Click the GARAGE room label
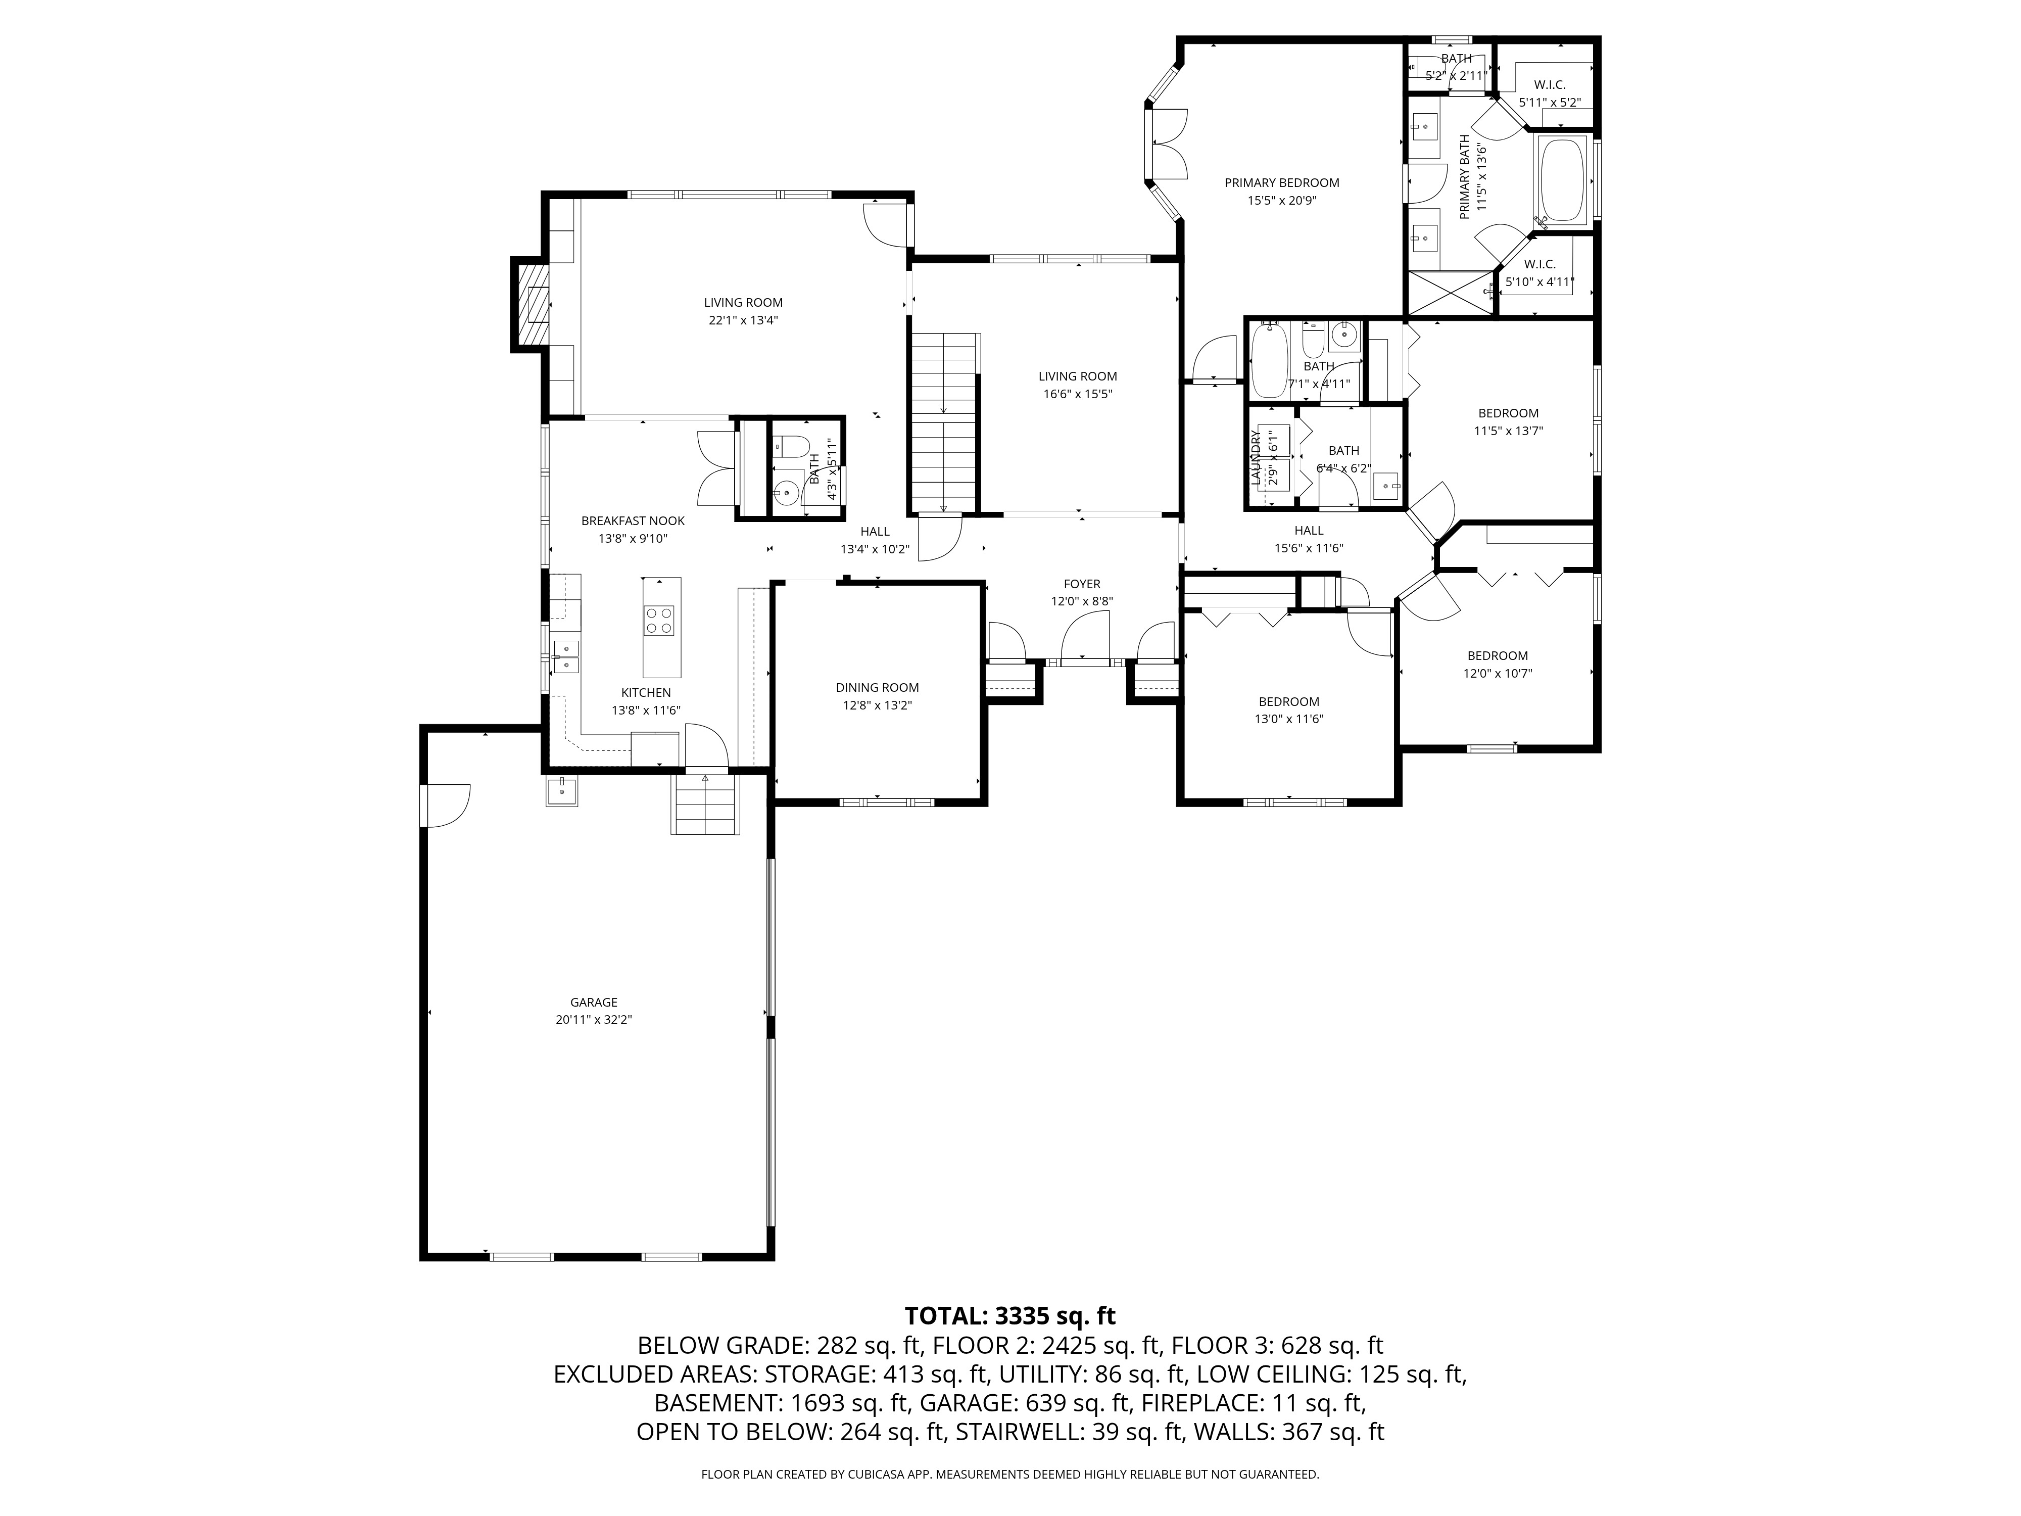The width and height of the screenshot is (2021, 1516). (x=593, y=1003)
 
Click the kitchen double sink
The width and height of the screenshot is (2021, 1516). (x=565, y=655)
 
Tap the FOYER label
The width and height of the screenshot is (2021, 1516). (x=1082, y=584)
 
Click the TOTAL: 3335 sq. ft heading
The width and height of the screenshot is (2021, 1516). (x=1009, y=1316)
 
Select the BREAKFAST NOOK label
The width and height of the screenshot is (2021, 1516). (x=632, y=521)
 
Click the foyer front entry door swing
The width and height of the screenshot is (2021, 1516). (x=1084, y=635)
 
